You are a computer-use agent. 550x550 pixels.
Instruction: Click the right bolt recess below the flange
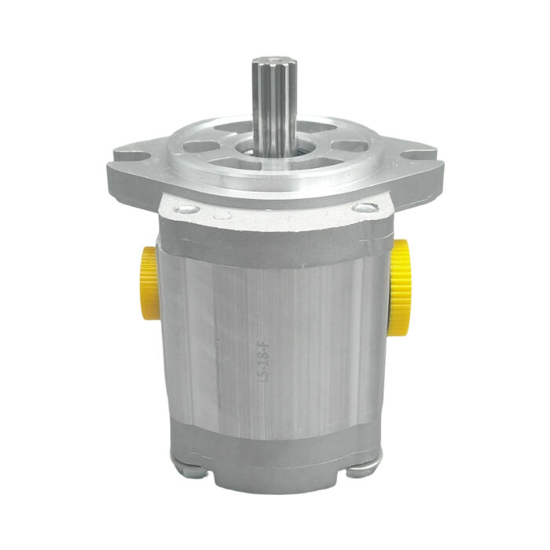[362, 207]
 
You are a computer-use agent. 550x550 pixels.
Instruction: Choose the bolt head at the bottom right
[357, 471]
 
